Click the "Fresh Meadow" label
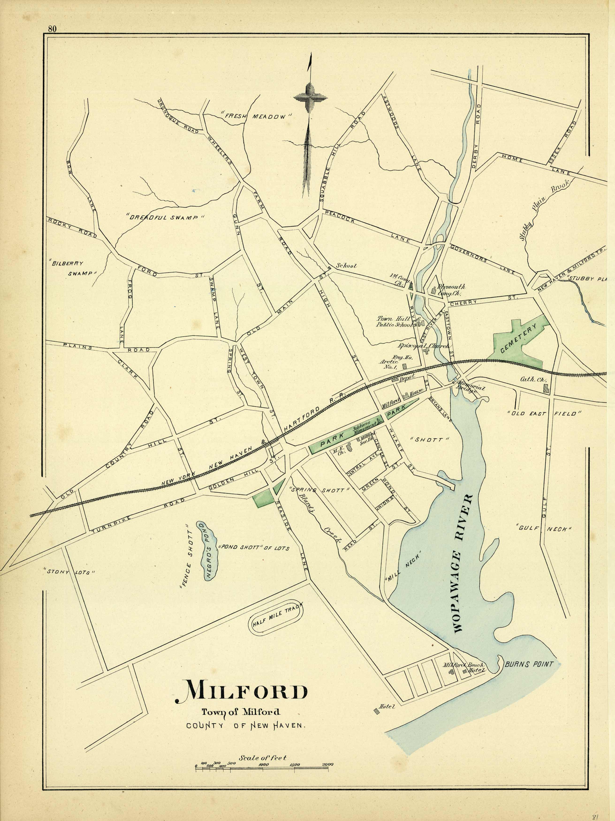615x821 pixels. pos(256,116)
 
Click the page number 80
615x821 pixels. pos(52,29)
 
